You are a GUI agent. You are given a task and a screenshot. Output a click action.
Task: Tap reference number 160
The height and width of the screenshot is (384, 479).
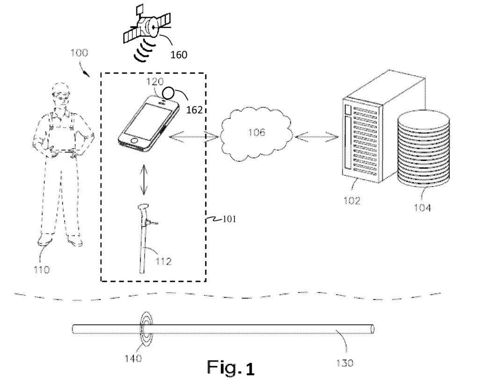click(178, 55)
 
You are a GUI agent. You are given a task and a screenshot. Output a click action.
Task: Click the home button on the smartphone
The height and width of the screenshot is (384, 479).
click(135, 140)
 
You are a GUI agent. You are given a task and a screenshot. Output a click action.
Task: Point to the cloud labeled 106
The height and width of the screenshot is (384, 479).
click(255, 133)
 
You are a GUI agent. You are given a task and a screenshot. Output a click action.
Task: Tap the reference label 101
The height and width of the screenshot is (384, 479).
click(228, 218)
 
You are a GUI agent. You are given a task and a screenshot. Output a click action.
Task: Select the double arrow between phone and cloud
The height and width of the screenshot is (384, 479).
click(194, 137)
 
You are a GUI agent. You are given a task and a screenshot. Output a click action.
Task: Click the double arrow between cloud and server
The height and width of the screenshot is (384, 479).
click(317, 137)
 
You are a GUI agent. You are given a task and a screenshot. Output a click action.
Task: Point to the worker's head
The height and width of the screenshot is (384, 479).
click(60, 95)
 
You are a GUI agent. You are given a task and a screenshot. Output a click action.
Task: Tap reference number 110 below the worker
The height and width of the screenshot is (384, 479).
click(43, 269)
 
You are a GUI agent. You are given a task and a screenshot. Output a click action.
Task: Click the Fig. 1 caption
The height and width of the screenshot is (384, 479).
click(232, 368)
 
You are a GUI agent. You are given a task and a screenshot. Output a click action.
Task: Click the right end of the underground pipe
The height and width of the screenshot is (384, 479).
click(372, 329)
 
